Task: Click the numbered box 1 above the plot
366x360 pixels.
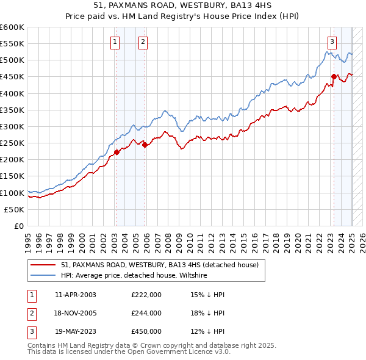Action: (x=115, y=42)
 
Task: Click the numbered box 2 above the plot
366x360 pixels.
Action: (x=143, y=42)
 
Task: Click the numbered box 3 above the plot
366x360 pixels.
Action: (x=332, y=42)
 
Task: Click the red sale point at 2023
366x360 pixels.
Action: (x=334, y=76)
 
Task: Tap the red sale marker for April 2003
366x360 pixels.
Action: (x=117, y=152)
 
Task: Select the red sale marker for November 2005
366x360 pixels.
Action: (x=145, y=145)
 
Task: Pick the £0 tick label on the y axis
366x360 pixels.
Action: (x=19, y=226)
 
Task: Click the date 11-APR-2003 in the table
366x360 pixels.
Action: (x=75, y=294)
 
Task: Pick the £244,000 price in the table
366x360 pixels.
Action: (x=146, y=313)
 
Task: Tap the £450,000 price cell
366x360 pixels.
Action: (x=146, y=332)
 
